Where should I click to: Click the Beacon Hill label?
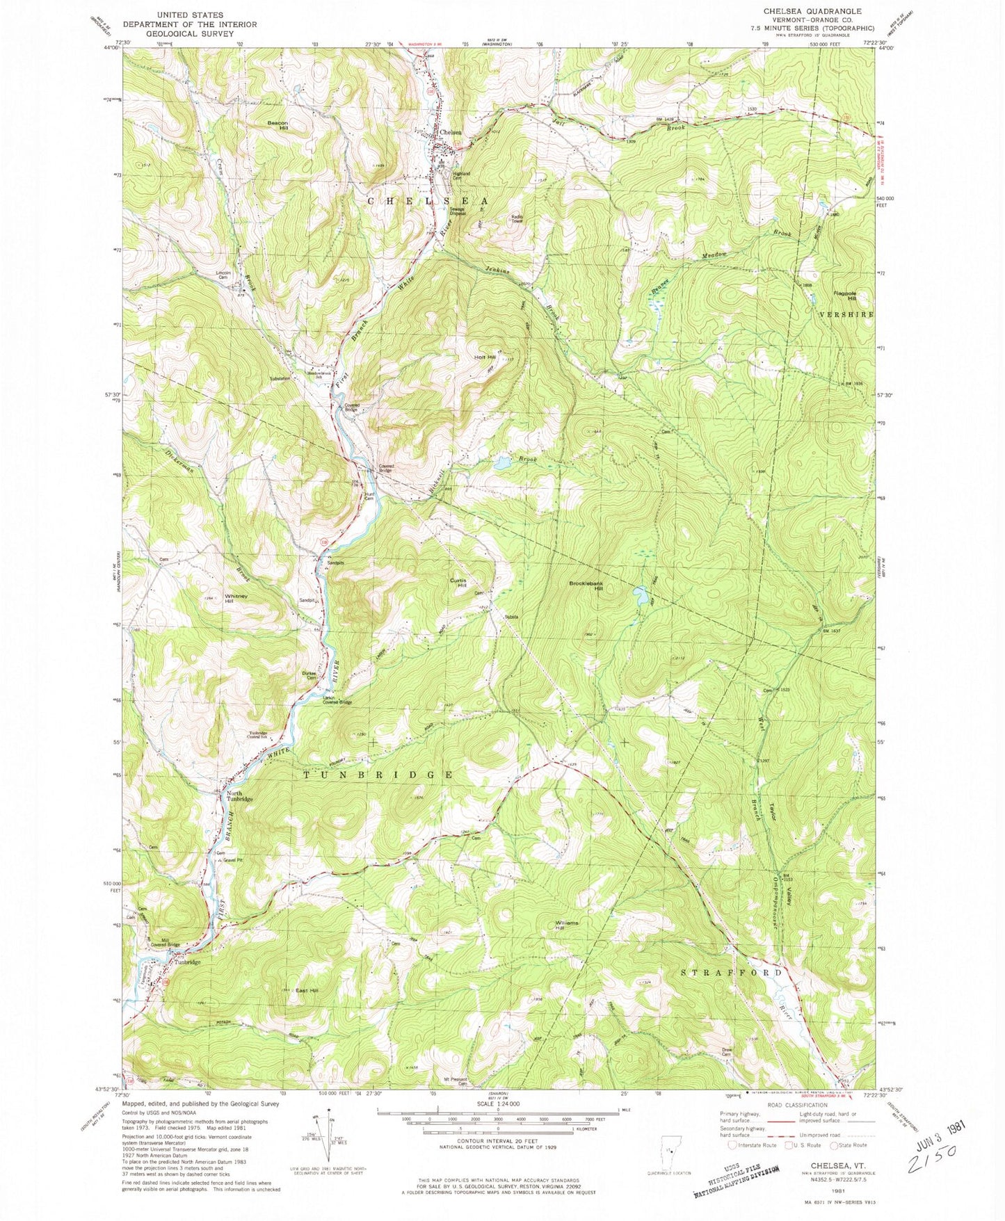point(278,125)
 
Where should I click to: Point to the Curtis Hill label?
point(457,583)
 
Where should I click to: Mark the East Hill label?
point(306,990)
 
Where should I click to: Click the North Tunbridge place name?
point(239,795)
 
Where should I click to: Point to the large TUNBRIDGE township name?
point(379,774)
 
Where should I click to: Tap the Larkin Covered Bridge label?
point(337,700)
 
